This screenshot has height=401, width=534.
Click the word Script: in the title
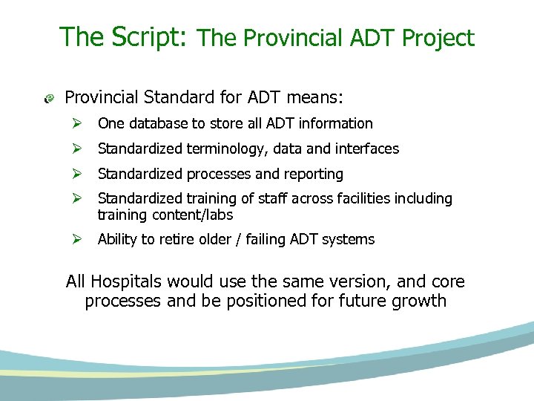click(x=155, y=36)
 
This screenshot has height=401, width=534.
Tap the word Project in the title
click(x=438, y=38)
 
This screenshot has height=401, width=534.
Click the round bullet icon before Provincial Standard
click(x=49, y=98)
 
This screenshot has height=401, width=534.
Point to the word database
click(x=151, y=123)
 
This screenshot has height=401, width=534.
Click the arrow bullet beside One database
click(x=76, y=123)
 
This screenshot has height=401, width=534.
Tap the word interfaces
click(x=366, y=149)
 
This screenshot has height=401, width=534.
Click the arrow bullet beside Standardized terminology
click(x=76, y=149)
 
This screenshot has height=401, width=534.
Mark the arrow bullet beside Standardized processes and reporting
click(x=76, y=174)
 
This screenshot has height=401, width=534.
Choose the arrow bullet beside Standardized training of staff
click(x=76, y=199)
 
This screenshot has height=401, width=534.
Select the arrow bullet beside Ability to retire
click(x=76, y=240)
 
